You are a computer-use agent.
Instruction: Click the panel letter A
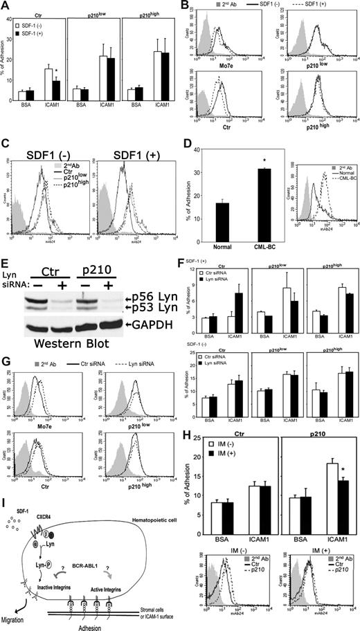[6, 6]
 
